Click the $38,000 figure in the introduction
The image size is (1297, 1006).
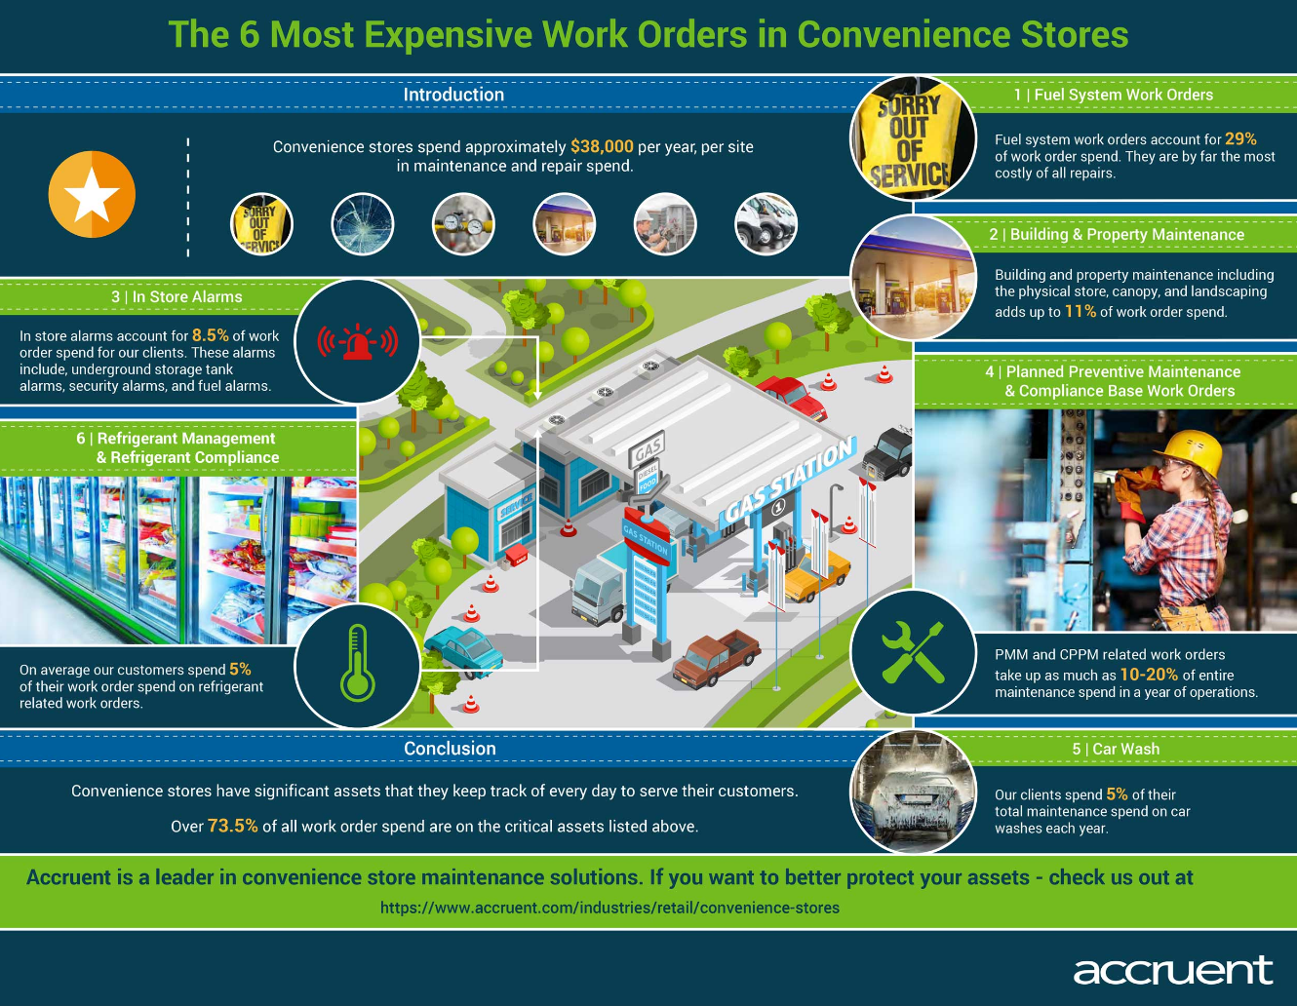[x=602, y=147]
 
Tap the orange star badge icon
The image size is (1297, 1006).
[x=92, y=195]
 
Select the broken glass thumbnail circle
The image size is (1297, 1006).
[x=363, y=224]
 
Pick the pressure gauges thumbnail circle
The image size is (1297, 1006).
[x=463, y=224]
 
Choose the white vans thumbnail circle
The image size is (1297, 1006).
[x=766, y=224]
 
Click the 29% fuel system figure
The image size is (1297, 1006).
[x=1240, y=139]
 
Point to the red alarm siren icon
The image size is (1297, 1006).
[x=358, y=342]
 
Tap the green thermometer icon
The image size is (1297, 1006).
[x=358, y=663]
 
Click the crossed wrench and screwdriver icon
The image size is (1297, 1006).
[x=913, y=652]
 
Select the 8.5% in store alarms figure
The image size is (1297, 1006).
[x=210, y=335]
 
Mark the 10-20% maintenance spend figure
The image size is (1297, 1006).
[x=1149, y=675]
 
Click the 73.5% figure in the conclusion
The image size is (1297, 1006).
[x=233, y=826]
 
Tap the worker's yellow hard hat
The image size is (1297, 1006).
[x=1190, y=451]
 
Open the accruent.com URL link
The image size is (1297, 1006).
[x=610, y=908]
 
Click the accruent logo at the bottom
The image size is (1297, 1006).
[x=1172, y=970]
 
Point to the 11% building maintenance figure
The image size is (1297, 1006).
[x=1081, y=312]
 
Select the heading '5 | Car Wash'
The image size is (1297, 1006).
[x=1116, y=749]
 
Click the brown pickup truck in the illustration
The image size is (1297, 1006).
[x=716, y=658]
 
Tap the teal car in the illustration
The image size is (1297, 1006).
[x=464, y=651]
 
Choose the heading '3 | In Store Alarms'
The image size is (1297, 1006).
[x=177, y=297]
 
